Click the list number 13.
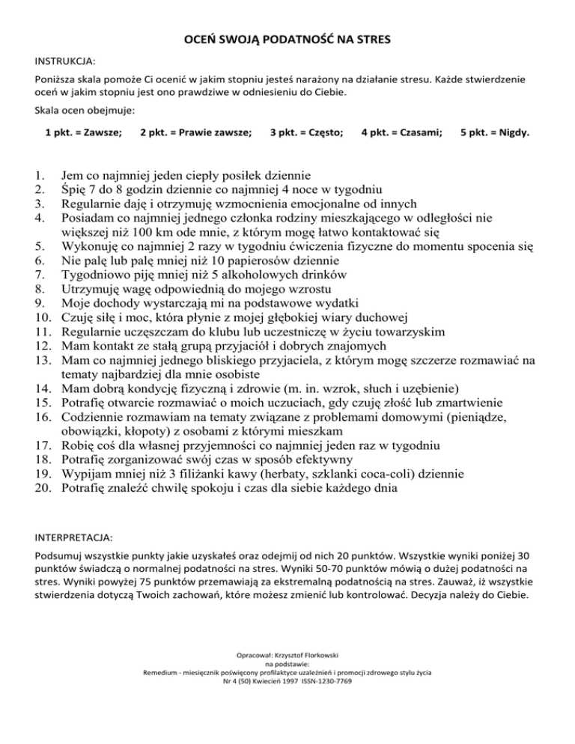[x=43, y=359]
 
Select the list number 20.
[x=43, y=488]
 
